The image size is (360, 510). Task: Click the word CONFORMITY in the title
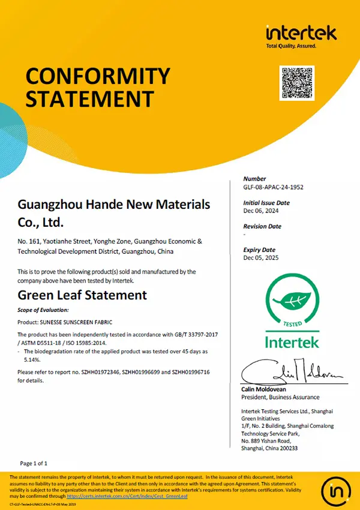point(98,76)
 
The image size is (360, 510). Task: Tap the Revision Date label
point(262,226)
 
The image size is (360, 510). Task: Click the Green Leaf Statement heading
point(82,295)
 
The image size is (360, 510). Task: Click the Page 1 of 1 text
point(34,464)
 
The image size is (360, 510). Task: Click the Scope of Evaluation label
point(43,310)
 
